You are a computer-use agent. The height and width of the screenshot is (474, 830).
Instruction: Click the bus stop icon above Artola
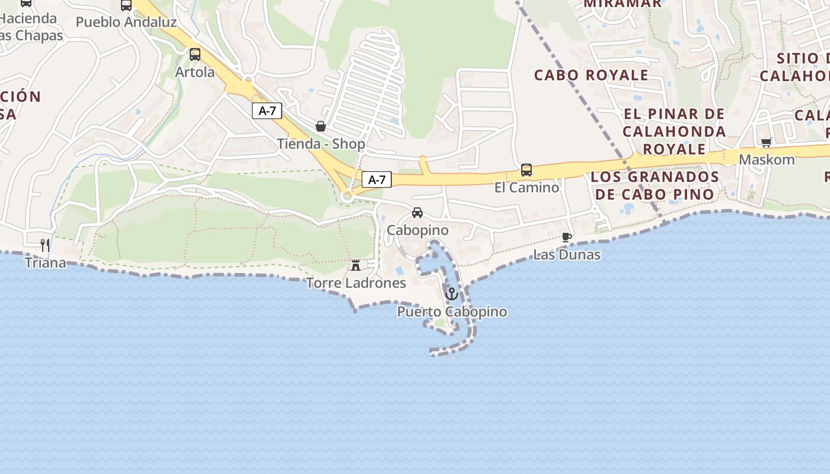point(195,55)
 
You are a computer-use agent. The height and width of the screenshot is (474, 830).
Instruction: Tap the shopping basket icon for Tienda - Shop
point(321,126)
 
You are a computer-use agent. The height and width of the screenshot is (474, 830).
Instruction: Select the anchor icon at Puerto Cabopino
point(452,293)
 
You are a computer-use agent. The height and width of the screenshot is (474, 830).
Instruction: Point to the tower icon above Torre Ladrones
point(356,265)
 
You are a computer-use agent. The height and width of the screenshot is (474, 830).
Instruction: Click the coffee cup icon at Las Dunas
point(567,237)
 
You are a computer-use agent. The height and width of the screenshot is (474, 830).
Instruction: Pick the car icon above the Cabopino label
point(417,213)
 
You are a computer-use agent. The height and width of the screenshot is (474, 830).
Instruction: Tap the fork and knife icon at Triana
point(44,245)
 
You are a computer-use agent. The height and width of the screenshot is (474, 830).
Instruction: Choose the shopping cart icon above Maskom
point(766,142)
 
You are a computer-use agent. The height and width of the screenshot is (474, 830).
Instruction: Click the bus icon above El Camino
point(526,170)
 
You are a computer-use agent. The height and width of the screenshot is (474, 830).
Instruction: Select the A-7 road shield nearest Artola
point(267,111)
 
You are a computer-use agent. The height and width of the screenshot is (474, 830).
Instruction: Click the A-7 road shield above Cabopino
point(377,180)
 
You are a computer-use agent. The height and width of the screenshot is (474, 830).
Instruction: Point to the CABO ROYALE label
point(591,75)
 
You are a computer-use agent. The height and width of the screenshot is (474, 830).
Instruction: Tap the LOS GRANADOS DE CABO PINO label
point(655,185)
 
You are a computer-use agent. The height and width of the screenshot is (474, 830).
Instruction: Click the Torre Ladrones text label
point(356,283)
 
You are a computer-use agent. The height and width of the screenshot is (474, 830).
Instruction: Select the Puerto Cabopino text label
point(452,312)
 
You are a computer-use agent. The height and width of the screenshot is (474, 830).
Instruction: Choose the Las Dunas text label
point(567,255)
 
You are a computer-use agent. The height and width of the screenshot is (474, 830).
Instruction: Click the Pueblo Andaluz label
point(126,23)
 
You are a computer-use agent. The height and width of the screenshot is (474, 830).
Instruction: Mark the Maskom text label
point(767,160)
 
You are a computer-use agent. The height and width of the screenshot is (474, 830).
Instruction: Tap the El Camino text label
point(526,188)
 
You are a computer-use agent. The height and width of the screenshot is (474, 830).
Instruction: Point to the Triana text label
point(46,262)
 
